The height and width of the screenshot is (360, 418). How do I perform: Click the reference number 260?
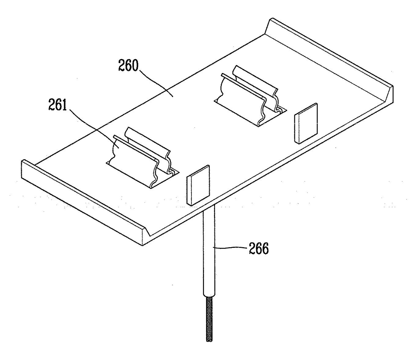coord(128,66)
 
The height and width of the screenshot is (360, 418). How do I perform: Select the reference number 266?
coord(259,249)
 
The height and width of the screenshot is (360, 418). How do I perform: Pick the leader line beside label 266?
coord(231,249)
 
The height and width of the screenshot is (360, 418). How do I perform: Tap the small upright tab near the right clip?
coord(306,123)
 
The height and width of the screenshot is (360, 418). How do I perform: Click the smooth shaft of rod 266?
coord(209,256)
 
